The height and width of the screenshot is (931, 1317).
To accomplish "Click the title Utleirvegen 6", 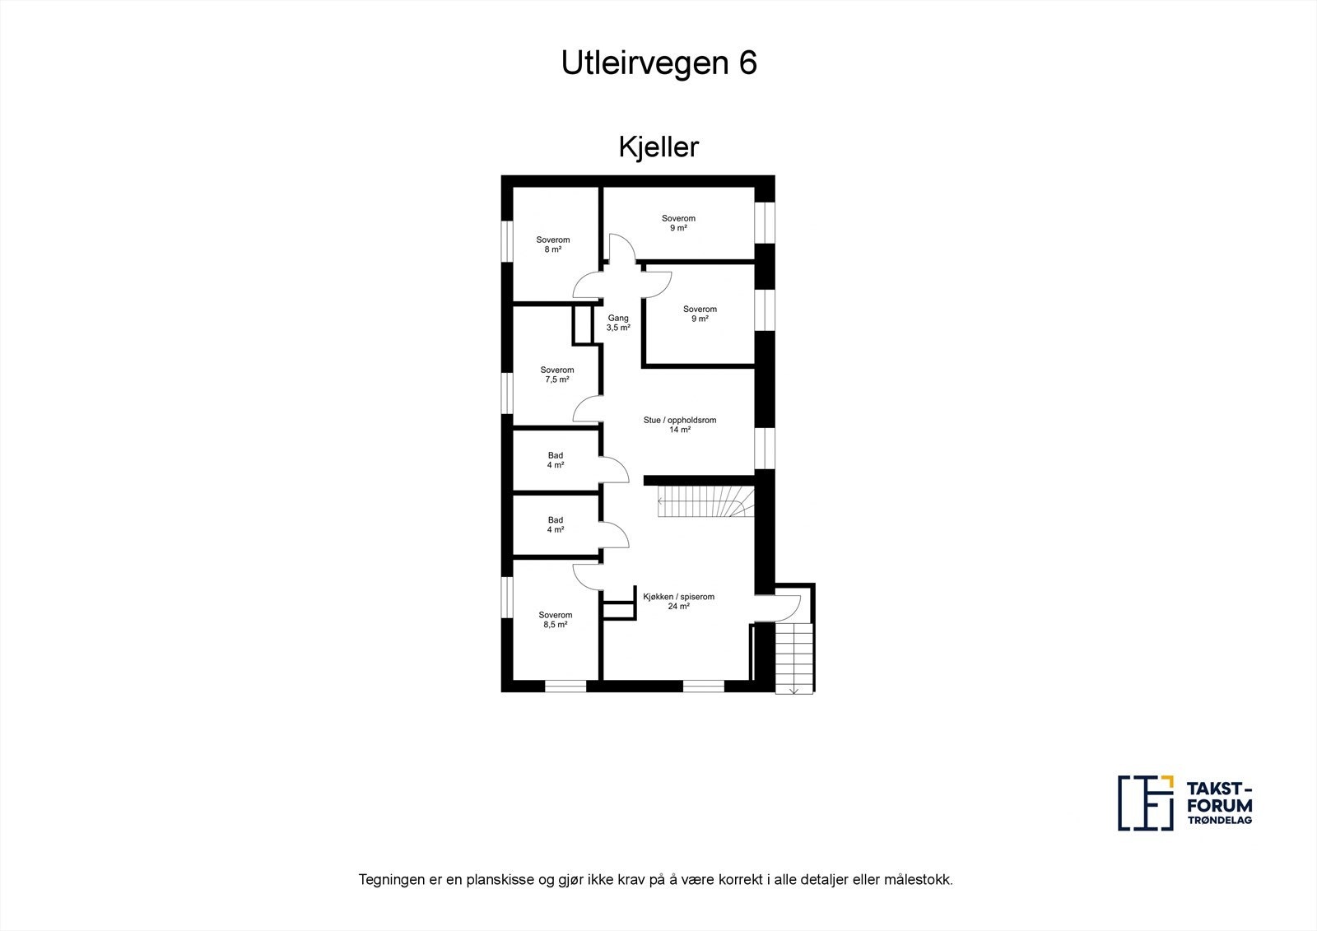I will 658,63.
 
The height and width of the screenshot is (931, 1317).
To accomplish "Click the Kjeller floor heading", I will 658,147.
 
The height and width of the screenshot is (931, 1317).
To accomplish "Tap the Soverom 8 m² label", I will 552,244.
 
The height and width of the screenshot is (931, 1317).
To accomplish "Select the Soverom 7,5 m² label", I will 556,375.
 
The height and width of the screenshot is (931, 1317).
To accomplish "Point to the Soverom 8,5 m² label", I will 555,620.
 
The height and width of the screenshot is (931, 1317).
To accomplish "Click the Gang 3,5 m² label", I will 618,323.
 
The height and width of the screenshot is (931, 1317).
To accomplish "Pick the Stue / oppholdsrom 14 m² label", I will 679,425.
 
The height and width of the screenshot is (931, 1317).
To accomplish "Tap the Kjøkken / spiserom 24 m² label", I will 678,601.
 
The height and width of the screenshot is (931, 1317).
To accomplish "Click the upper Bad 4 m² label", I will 556,460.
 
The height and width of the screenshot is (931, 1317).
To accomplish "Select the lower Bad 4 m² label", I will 556,525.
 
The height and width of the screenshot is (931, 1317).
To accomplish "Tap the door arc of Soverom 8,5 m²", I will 588,577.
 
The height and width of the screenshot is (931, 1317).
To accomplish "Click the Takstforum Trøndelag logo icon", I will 1144,803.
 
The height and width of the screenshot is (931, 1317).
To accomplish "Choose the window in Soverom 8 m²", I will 507,245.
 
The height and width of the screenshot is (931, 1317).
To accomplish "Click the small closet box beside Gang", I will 584,324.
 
